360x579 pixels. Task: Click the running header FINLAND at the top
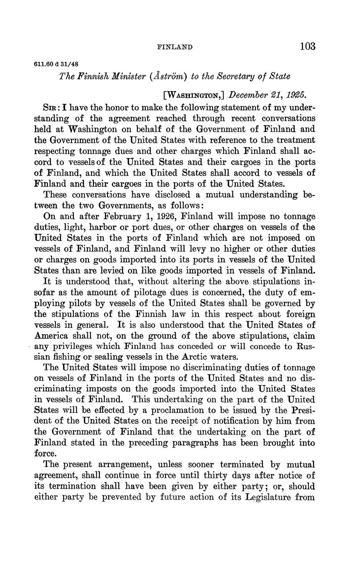[x=175, y=47]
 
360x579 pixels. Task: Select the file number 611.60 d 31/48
[x=56, y=64]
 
